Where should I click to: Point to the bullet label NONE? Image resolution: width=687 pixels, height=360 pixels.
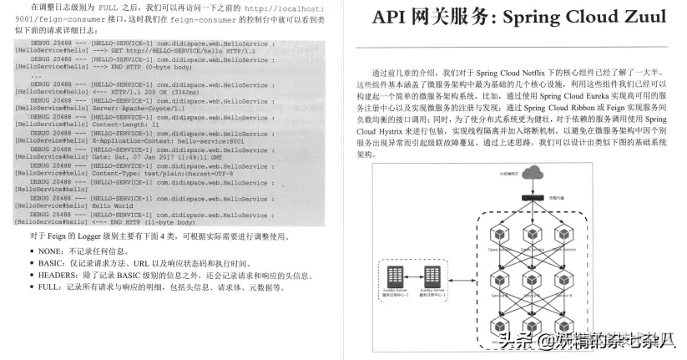coord(51,250)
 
